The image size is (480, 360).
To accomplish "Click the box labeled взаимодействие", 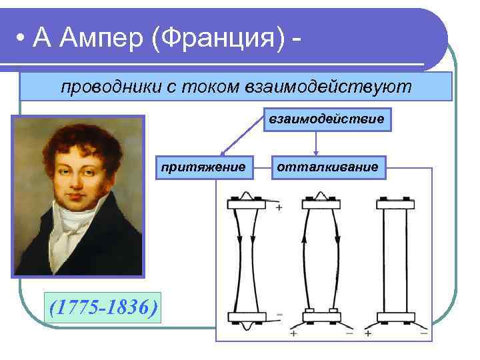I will pyautogui.click(x=327, y=119).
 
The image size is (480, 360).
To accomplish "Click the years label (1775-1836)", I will pyautogui.click(x=103, y=307).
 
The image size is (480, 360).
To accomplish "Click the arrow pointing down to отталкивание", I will pyautogui.click(x=316, y=144).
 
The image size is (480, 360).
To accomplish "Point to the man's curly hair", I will pyautogui.click(x=73, y=133).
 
